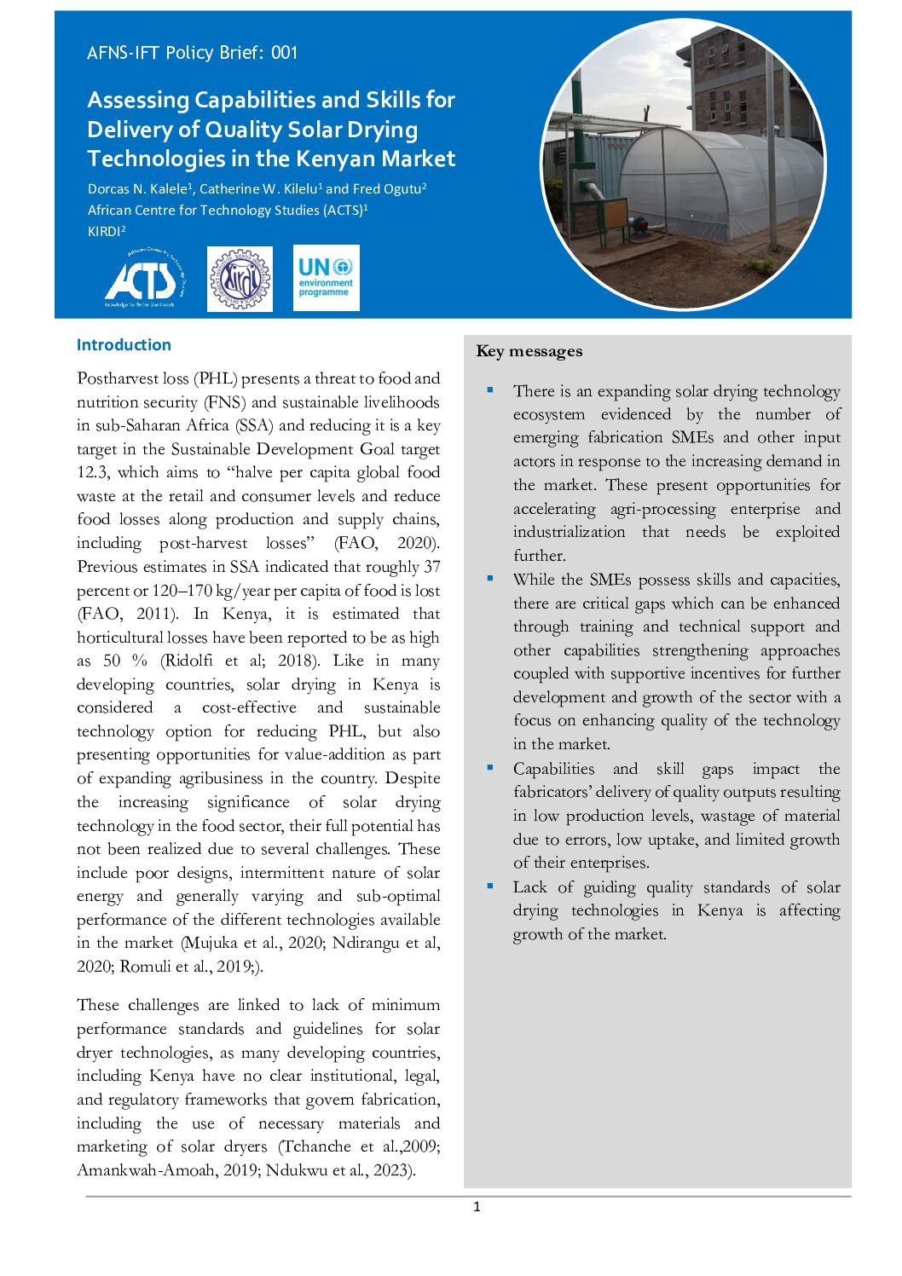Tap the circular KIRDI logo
(x=240, y=279)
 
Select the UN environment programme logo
(x=326, y=278)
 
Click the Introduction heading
(x=124, y=345)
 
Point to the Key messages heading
(x=529, y=351)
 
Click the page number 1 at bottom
(x=477, y=1207)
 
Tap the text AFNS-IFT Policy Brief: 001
(x=192, y=53)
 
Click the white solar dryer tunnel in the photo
(x=716, y=183)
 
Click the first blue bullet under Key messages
(x=490, y=390)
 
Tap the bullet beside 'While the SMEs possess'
(x=490, y=579)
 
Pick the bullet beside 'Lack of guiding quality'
(x=490, y=886)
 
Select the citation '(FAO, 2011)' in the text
(x=127, y=614)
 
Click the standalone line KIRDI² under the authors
(x=107, y=231)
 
